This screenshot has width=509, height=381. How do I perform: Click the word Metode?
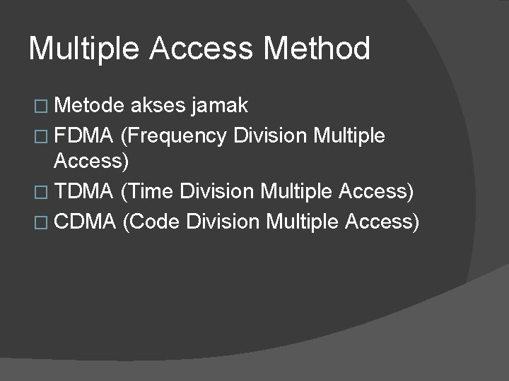[90, 106]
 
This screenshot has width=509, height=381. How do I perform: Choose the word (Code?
[152, 222]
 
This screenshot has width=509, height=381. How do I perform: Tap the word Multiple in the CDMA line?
[303, 222]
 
